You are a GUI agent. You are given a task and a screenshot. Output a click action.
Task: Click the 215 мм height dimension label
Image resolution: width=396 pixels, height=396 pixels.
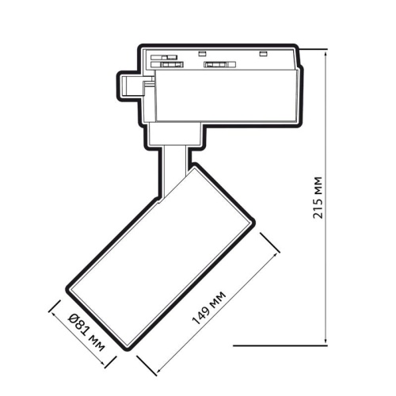(x=318, y=198)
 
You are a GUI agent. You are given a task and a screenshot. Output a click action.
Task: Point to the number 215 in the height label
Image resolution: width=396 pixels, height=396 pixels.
(x=318, y=208)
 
